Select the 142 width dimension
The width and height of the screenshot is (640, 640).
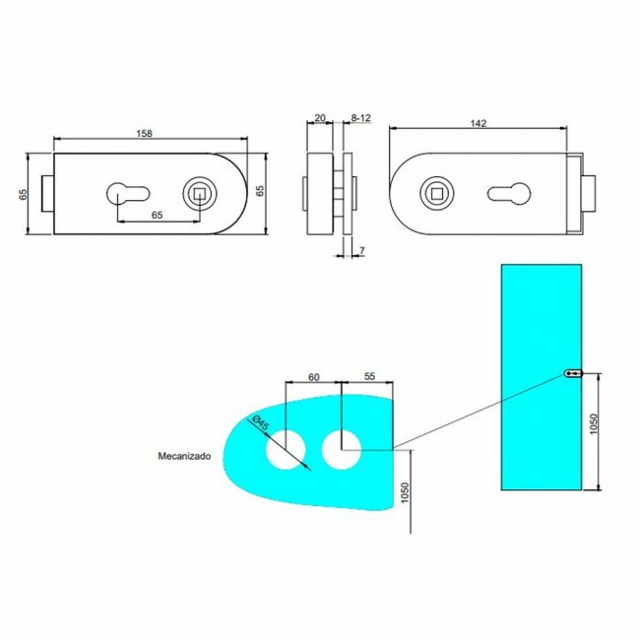click(x=479, y=123)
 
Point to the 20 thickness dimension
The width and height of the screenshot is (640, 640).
click(x=319, y=116)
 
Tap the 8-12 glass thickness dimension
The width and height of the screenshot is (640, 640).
click(x=360, y=116)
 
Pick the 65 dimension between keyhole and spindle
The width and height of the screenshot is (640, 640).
click(x=157, y=214)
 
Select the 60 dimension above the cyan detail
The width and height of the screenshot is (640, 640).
click(x=313, y=376)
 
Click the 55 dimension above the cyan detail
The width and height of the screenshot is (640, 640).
click(x=369, y=376)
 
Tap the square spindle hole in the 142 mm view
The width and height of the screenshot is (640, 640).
click(x=432, y=192)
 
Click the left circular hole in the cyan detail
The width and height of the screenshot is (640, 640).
click(x=287, y=450)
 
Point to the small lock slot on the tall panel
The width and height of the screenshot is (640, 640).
click(x=575, y=374)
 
